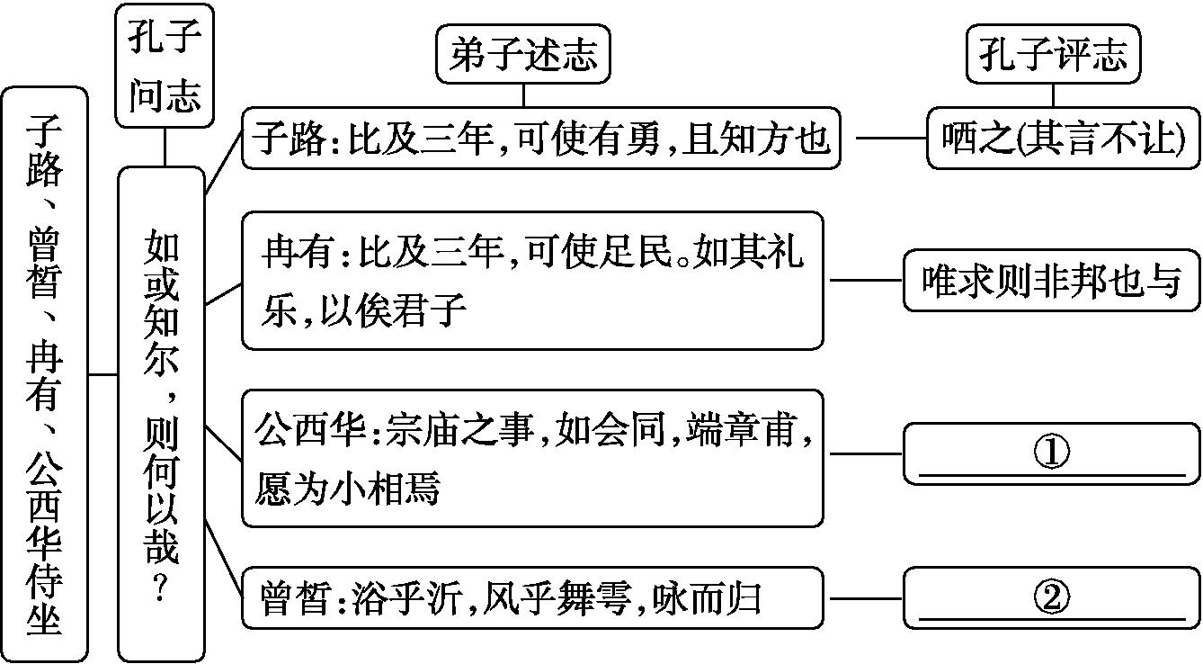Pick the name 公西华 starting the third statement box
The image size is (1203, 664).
pos(310,430)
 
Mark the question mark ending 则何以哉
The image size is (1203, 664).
pos(161,588)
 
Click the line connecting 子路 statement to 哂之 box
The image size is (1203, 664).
pos(891,138)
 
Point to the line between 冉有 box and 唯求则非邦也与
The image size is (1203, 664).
pos(866,280)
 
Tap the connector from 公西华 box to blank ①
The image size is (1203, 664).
pos(866,454)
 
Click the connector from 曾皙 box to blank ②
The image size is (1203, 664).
pos(866,598)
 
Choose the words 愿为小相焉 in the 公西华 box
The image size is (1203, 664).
pos(348,488)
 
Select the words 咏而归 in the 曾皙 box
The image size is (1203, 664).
pos(707,598)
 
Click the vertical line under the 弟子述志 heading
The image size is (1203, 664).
pos(523,95)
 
